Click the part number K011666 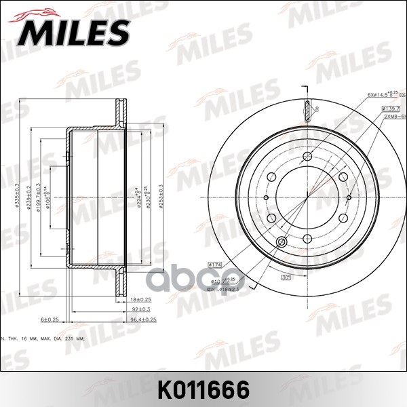point(203,390)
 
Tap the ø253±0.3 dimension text point(161,197)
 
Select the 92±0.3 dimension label point(141,309)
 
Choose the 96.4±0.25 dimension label point(143,318)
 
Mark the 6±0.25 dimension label point(50,319)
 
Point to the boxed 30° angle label point(286,276)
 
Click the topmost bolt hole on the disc point(309,157)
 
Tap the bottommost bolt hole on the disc point(309,238)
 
